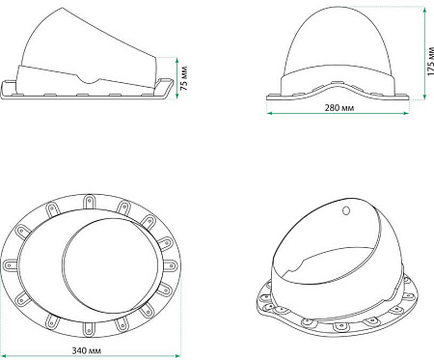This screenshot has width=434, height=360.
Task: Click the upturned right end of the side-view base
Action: tap(174, 87)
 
